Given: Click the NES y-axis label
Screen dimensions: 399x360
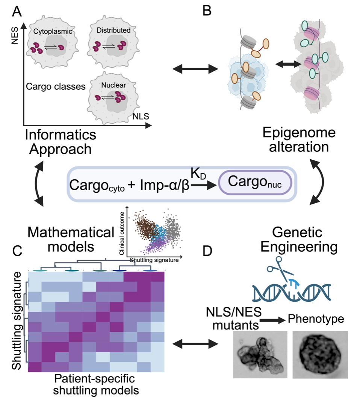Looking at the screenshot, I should tap(15, 37).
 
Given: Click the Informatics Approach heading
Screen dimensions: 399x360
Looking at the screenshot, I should tap(61, 141).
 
